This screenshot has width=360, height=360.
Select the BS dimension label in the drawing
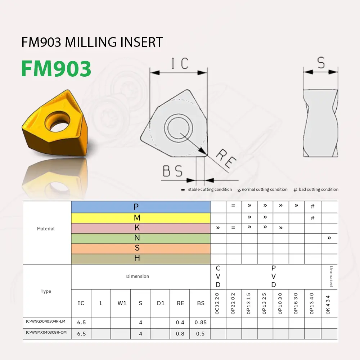[x=173, y=171]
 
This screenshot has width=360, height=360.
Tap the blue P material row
[x=141, y=207]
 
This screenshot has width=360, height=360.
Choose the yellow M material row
[x=141, y=218]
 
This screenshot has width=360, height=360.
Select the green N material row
[x=141, y=238]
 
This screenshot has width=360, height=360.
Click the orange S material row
[x=141, y=248]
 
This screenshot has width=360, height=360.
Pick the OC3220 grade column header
[x=217, y=303]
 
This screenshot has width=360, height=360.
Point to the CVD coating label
[x=218, y=276]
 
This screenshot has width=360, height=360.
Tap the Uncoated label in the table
[x=331, y=276]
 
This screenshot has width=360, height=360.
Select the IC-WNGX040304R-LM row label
[x=46, y=321]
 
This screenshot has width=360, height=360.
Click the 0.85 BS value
[x=201, y=322]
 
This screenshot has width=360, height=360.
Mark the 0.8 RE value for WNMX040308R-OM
[x=180, y=334]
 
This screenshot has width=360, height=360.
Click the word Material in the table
[x=46, y=229]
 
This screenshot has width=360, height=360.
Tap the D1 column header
[x=161, y=303]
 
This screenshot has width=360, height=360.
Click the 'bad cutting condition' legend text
[x=318, y=189]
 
